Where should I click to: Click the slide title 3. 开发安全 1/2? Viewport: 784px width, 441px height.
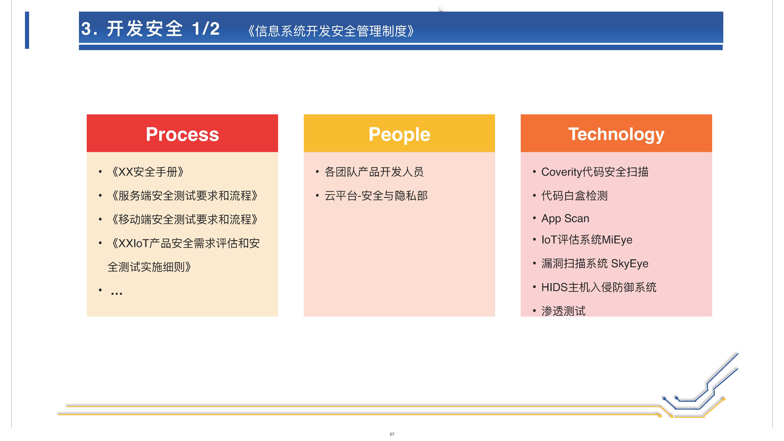pyautogui.click(x=150, y=29)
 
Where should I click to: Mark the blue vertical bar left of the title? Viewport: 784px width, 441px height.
pyautogui.click(x=27, y=30)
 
